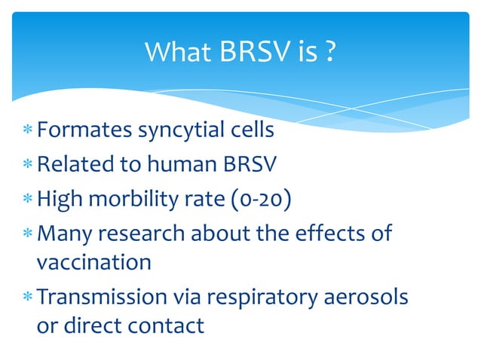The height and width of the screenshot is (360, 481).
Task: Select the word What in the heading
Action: [179, 52]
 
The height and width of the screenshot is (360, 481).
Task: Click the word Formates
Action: [84, 130]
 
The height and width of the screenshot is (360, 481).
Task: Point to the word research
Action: [154, 233]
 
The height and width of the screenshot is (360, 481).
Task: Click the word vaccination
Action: [94, 262]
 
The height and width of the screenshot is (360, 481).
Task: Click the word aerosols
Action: [369, 297]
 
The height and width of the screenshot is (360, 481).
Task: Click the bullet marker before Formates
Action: [28, 132]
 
